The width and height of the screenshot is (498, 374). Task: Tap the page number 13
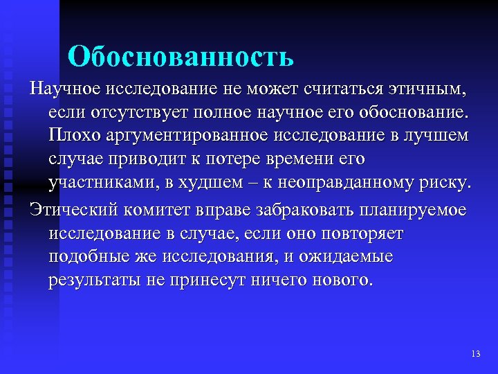tap(474, 353)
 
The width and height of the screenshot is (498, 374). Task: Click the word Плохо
tap(71, 134)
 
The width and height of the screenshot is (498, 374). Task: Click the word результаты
tap(89, 281)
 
